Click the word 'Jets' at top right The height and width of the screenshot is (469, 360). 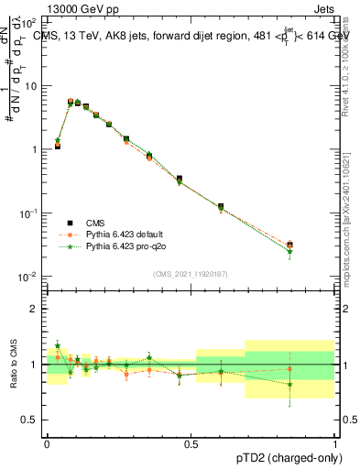pyautogui.click(x=323, y=9)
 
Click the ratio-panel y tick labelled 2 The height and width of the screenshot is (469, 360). pyautogui.click(x=37, y=309)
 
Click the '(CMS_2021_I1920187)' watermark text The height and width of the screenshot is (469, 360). pyautogui.click(x=191, y=273)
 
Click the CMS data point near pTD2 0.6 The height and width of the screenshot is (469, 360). pyautogui.click(x=221, y=207)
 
